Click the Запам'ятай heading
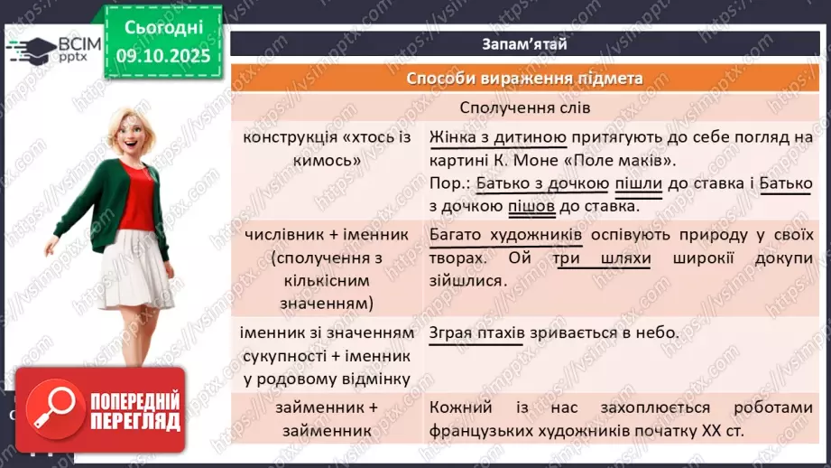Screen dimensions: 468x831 point(523,42)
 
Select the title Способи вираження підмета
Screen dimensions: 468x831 point(523,78)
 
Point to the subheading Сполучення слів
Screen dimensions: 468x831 point(524,108)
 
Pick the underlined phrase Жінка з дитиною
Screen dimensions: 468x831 point(498,137)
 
